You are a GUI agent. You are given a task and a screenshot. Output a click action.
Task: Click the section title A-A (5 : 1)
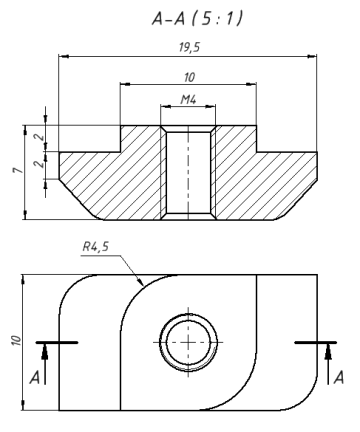click(x=197, y=19)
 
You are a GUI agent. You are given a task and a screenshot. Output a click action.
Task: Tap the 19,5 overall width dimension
click(x=189, y=47)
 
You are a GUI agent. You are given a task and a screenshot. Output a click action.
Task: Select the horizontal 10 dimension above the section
click(x=189, y=77)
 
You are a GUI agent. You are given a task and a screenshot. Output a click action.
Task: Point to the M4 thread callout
click(x=188, y=99)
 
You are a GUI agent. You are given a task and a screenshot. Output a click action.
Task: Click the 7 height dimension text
click(x=18, y=170)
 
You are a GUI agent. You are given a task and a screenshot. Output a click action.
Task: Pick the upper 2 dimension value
click(x=39, y=137)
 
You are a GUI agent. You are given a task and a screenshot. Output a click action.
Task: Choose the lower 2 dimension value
click(x=39, y=164)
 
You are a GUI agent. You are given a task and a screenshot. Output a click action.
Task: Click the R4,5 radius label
click(x=96, y=247)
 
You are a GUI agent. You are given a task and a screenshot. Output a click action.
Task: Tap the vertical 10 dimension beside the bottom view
click(x=16, y=340)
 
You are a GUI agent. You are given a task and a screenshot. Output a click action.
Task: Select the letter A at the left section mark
click(x=35, y=378)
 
